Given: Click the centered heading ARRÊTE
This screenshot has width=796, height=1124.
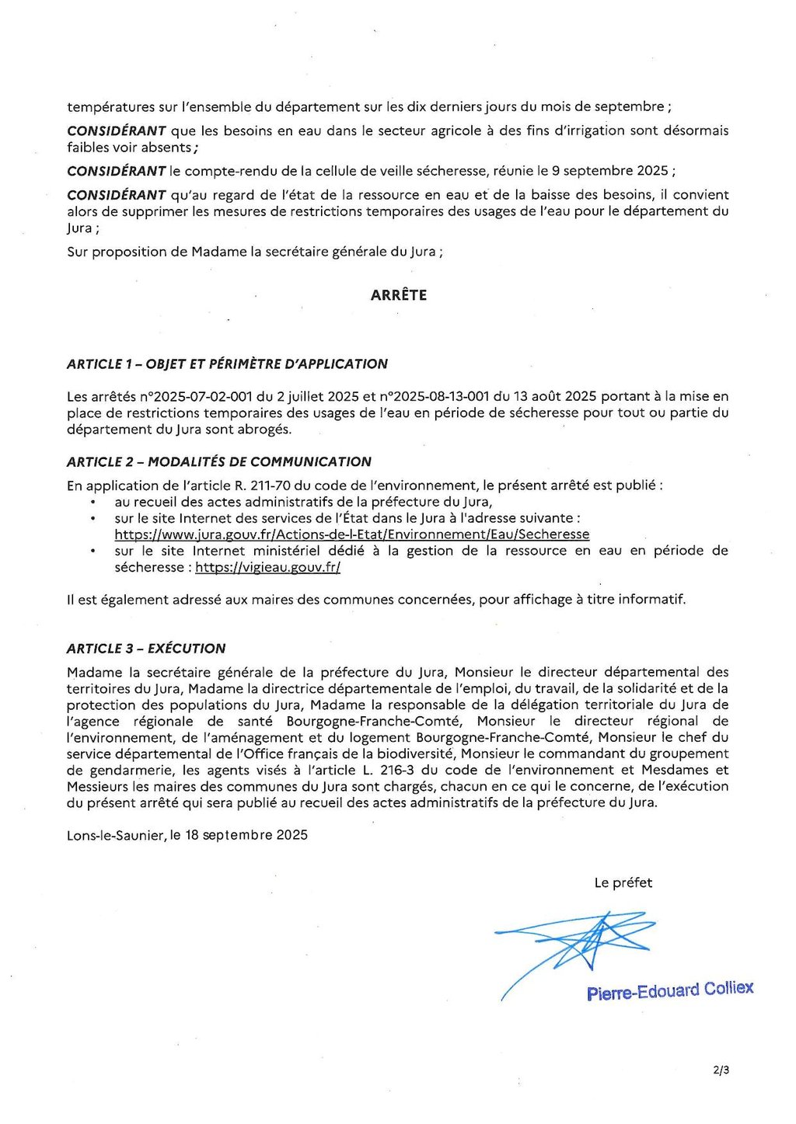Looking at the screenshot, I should [398, 295].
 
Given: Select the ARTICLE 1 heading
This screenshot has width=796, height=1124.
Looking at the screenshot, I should [227, 364].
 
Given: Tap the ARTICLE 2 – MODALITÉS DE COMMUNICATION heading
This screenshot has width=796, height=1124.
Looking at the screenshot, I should [219, 461].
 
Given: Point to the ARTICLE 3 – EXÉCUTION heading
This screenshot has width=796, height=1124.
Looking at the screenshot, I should [146, 649].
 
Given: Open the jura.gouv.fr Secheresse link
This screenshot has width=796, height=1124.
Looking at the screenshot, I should [351, 534].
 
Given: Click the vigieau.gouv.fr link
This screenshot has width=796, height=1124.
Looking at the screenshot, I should [267, 567].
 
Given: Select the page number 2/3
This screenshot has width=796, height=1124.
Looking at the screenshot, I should [721, 1070].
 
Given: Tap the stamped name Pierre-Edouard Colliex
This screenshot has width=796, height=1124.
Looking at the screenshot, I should [670, 990].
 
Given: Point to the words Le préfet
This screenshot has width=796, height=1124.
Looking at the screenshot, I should [623, 882].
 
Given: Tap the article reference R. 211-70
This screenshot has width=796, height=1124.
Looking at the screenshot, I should [262, 485].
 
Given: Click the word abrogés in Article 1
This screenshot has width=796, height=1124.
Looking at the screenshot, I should [266, 429].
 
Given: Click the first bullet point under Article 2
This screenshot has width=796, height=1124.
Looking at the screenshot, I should [93, 503].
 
